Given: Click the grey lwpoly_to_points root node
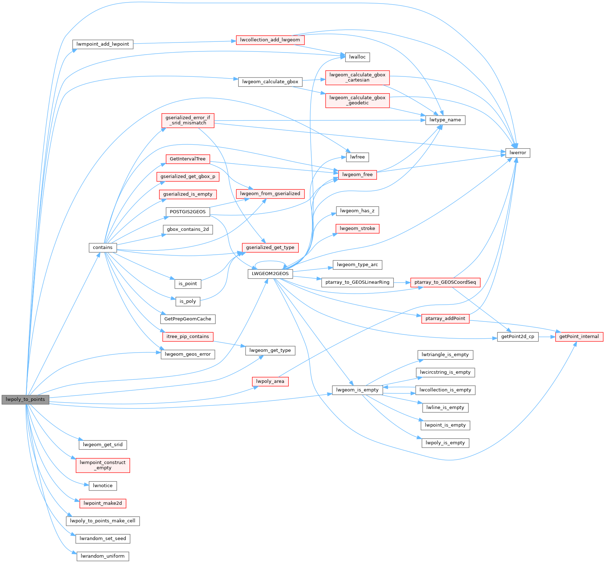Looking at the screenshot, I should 25,399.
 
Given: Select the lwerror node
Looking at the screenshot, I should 517,153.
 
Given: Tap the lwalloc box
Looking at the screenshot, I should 357,57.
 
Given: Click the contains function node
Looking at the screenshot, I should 103,248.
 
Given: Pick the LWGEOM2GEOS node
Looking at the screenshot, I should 270,274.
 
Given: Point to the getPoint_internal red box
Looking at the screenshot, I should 579,337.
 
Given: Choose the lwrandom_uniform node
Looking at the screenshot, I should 103,556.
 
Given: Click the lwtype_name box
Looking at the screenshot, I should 445,120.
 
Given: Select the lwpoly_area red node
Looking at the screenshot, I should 270,382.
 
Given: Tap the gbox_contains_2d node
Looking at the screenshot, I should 188,229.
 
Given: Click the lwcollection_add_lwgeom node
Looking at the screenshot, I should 270,40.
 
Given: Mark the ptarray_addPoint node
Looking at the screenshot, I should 445,319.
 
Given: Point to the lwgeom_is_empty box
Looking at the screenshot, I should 357,390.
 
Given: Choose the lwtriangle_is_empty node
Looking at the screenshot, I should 445,355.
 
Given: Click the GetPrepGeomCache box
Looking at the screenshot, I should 188,319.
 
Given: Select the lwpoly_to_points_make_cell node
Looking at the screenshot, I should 103,521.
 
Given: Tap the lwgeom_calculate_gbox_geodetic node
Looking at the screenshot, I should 357,100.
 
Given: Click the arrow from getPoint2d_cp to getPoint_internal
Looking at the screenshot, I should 547,337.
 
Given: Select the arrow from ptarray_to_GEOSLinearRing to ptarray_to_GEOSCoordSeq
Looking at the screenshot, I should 402,283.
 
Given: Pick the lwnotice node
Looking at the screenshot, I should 103,486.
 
